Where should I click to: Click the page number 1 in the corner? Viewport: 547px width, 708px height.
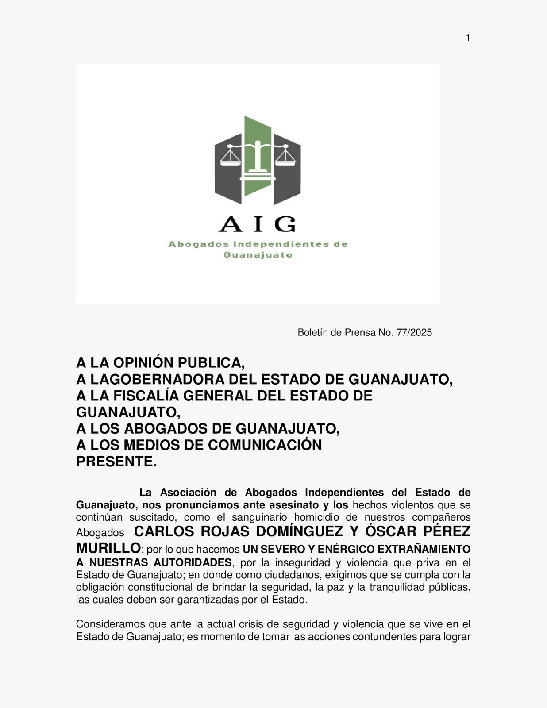(x=468, y=38)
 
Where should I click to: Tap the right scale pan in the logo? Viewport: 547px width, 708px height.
(x=286, y=161)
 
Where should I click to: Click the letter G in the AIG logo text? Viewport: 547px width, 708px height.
(x=285, y=224)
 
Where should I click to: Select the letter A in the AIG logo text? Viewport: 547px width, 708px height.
(x=230, y=224)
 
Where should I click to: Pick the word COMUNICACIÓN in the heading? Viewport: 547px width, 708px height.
(x=265, y=445)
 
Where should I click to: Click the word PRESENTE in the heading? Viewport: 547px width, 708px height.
(x=114, y=462)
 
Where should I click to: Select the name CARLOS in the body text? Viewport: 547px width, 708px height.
(x=163, y=531)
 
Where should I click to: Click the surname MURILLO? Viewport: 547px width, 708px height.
(x=108, y=548)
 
